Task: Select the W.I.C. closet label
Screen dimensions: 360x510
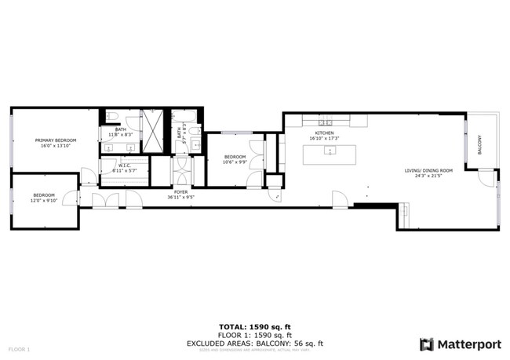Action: click(124, 165)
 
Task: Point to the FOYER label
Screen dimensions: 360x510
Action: click(180, 191)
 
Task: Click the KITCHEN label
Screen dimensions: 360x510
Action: click(324, 133)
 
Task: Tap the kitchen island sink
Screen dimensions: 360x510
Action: click(330, 151)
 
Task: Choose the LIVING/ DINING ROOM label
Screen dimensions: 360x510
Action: click(428, 170)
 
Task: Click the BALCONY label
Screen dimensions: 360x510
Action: click(480, 144)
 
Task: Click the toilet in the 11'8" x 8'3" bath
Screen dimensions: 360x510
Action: click(112, 118)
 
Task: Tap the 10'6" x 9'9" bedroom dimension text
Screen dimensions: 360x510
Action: click(235, 162)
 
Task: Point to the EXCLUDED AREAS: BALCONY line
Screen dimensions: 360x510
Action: click(254, 343)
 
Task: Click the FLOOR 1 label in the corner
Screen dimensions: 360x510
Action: click(19, 348)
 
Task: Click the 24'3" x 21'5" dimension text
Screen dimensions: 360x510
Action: click(428, 176)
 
